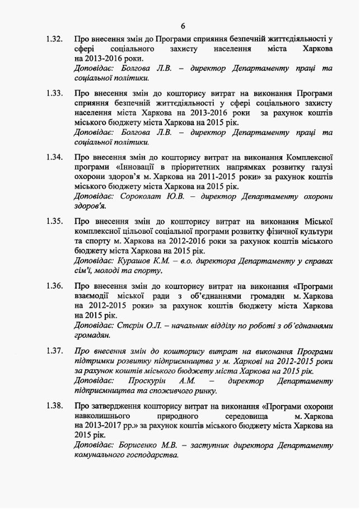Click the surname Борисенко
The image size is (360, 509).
coord(141,445)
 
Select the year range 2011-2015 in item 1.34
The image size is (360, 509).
coord(210,176)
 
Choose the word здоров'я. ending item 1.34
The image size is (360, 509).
coord(90,206)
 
